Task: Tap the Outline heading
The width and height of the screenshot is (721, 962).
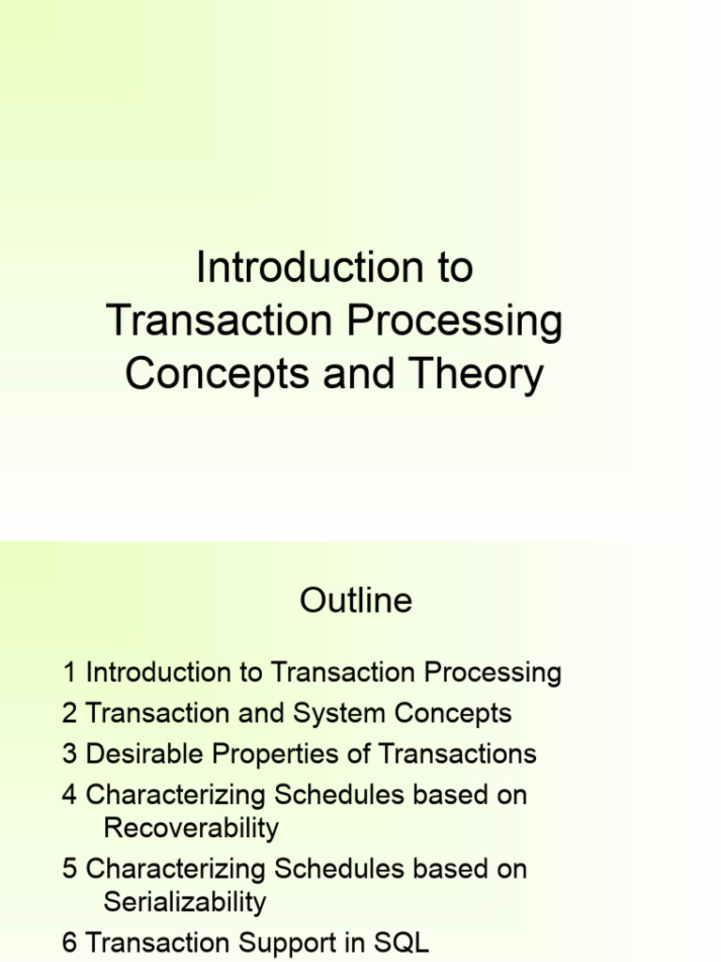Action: click(356, 600)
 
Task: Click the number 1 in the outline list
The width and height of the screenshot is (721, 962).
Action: click(69, 673)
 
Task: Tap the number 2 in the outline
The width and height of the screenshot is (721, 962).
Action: click(69, 713)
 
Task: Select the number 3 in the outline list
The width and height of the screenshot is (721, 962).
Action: click(69, 753)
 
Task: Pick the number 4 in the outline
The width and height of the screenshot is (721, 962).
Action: click(69, 795)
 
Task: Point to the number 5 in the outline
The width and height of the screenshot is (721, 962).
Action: click(69, 869)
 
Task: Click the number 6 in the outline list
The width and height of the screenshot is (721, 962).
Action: click(69, 943)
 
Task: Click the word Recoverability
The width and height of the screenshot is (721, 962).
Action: click(191, 828)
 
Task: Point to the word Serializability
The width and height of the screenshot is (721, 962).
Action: click(185, 902)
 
